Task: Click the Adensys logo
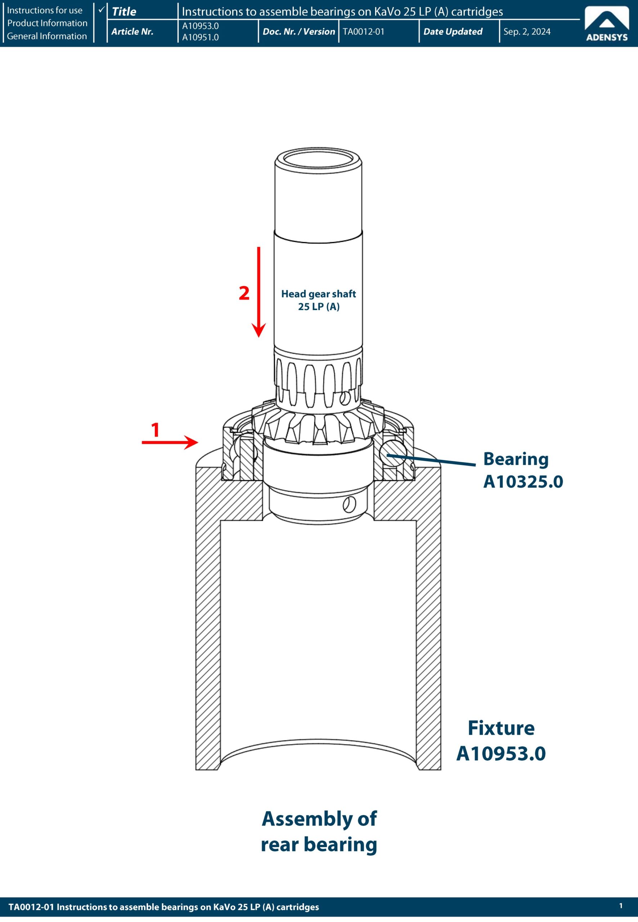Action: (606, 25)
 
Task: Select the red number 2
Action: (244, 293)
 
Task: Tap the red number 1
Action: (156, 430)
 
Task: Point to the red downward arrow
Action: (259, 292)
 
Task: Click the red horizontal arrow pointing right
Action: (170, 442)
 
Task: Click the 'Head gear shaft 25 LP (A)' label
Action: (319, 300)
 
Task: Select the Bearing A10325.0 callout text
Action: (523, 470)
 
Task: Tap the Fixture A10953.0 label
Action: (501, 740)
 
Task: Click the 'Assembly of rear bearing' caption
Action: (319, 832)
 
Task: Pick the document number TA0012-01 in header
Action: (363, 32)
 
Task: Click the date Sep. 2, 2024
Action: (526, 32)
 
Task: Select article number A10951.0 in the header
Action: (200, 37)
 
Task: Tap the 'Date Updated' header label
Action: (453, 32)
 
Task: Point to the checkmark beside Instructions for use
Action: (102, 9)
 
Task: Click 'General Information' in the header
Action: (47, 36)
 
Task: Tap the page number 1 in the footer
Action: (621, 905)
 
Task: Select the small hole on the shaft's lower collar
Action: (349, 505)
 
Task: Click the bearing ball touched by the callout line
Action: (394, 453)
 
